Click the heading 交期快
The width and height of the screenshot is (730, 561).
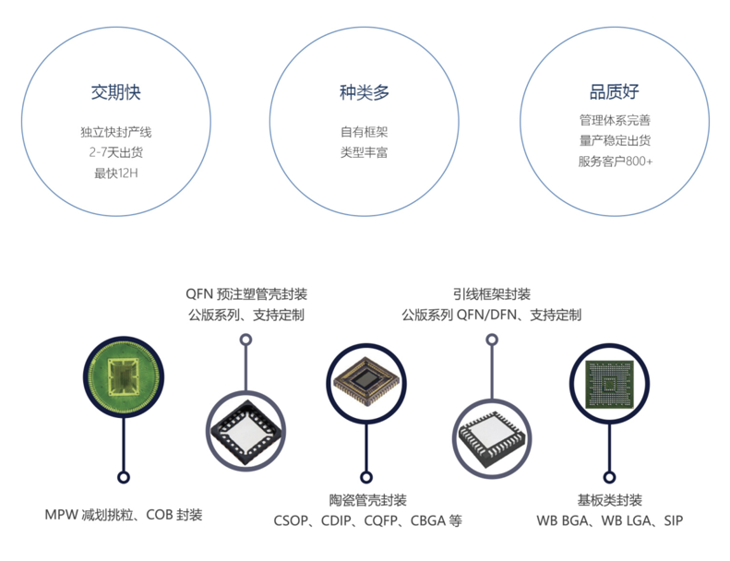tap(115, 92)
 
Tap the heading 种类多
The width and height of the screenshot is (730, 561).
tap(364, 92)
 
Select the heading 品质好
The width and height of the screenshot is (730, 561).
tap(614, 91)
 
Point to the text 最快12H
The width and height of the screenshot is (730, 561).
tap(116, 173)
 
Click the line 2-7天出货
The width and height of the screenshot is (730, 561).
tap(116, 152)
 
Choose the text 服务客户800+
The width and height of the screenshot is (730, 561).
tap(615, 161)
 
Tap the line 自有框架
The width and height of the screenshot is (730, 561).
tap(364, 132)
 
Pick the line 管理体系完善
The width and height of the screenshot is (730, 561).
tap(615, 120)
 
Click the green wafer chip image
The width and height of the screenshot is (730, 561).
tap(124, 376)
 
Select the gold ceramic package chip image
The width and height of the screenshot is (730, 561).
tap(366, 383)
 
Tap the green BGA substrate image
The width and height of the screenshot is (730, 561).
tap(609, 384)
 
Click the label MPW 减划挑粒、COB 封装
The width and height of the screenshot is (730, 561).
tap(124, 515)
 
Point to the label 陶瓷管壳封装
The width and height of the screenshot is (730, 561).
tap(368, 500)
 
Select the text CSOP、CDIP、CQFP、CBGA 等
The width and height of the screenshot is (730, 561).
tap(368, 520)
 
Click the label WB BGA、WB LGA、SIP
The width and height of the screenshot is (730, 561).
tap(609, 520)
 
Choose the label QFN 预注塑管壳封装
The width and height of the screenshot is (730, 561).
tap(246, 294)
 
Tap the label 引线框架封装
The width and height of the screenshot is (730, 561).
tap(492, 294)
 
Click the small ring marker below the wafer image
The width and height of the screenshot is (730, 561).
tap(124, 477)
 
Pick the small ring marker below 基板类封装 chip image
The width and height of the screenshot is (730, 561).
tap(609, 477)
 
